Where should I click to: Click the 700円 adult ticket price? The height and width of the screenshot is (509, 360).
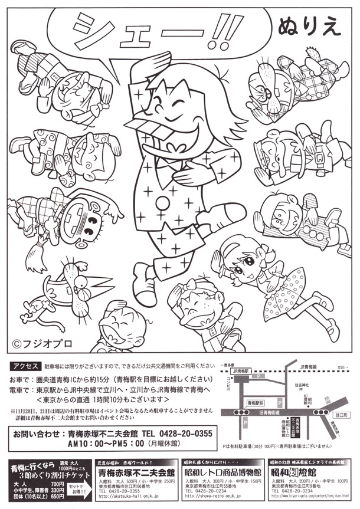[57, 484]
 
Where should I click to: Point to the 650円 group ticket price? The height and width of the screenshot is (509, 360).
[57, 497]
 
